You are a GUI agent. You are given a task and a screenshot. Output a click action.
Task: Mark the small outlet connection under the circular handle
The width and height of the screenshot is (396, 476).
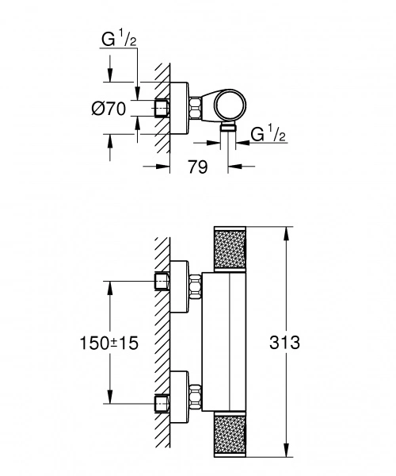[x=229, y=126]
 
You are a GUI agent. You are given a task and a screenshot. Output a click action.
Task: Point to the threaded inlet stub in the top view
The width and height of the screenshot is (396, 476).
[x=163, y=108]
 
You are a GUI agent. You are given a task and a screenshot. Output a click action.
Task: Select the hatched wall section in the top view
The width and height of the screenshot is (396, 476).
[x=162, y=79]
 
